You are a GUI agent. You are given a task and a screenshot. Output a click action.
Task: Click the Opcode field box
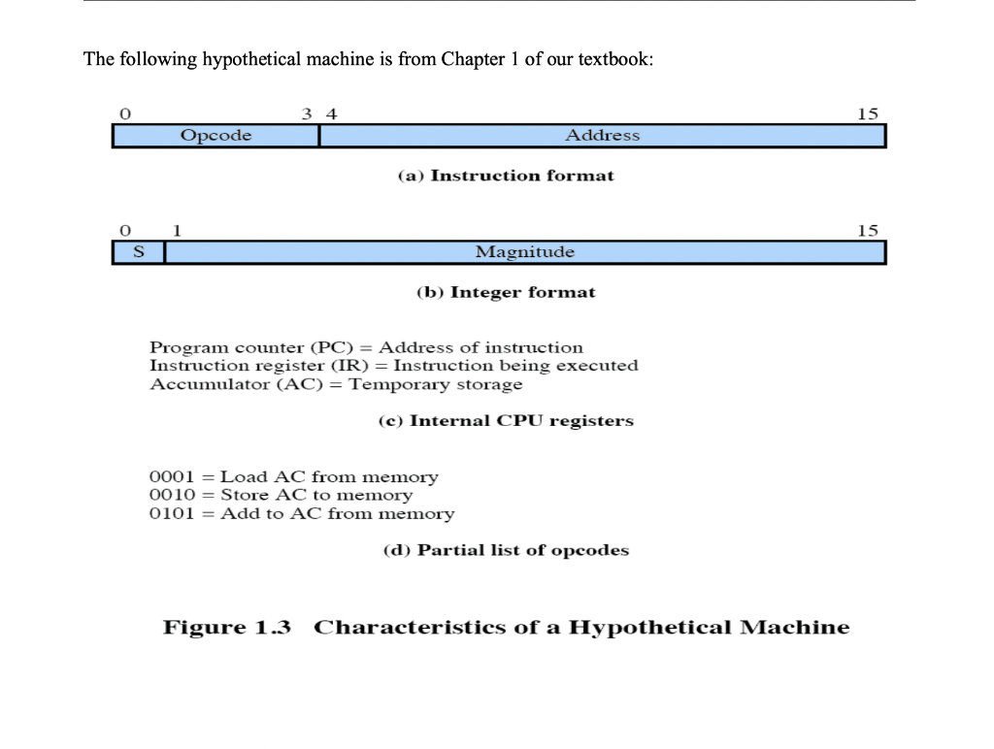215,136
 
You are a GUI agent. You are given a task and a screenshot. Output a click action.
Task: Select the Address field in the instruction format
602,136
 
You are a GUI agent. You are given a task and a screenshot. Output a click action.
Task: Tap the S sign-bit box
138,252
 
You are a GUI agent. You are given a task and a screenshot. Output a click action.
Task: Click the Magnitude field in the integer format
524,252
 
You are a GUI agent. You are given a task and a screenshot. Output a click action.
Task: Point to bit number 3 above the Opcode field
307,114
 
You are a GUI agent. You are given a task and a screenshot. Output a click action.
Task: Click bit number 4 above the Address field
332,114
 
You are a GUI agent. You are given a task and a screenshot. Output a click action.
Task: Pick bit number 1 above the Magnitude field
177,230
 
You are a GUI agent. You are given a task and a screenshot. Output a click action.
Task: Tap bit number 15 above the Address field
868,114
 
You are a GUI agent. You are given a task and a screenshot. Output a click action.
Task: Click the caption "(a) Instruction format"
506,176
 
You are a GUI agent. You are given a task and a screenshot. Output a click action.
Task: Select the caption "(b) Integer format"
506,292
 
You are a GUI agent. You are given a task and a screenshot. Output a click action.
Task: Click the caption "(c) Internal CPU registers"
506,421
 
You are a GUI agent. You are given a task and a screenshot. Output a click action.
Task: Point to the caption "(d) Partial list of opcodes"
506,550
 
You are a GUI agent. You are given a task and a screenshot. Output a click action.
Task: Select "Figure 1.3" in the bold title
227,628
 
